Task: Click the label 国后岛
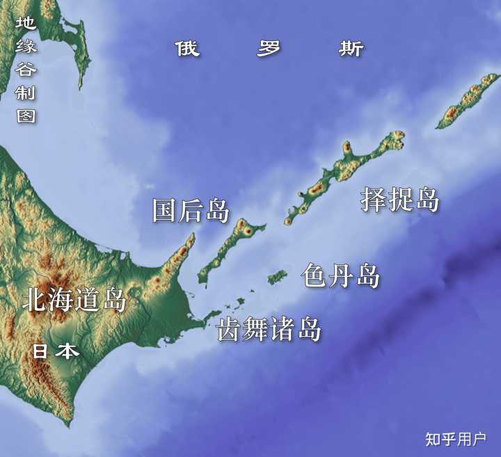pos(191,211)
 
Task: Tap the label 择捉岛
pos(400,200)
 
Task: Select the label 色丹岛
pos(341,276)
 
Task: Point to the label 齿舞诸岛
pos(269,329)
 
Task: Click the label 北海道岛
pos(74,300)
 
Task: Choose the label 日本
pos(56,351)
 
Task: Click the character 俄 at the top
pos(187,49)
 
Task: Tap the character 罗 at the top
pos(269,49)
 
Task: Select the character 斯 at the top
pos(351,49)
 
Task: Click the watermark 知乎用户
pos(456,439)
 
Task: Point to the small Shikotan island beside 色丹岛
pos(278,277)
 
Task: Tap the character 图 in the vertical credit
pos(26,115)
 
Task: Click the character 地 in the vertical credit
pos(26,24)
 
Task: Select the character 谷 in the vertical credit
pos(26,70)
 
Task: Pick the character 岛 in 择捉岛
pos(427,200)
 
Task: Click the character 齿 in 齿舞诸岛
pos(230,329)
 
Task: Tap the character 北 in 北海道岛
pos(34,300)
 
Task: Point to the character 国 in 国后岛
pos(165,211)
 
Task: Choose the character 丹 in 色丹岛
pos(341,276)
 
